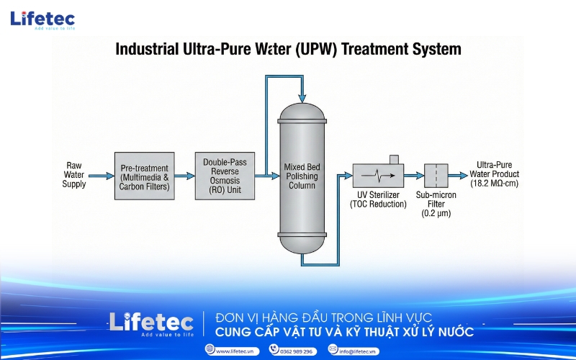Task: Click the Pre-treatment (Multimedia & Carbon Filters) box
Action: click(x=144, y=176)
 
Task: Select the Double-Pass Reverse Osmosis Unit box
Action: click(x=225, y=176)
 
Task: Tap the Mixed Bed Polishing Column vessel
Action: click(x=302, y=177)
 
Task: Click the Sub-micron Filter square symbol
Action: click(x=436, y=175)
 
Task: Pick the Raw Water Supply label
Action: click(x=74, y=174)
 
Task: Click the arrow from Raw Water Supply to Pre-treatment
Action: click(x=101, y=175)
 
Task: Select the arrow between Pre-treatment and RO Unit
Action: click(x=185, y=175)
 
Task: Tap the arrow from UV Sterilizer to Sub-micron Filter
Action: click(x=413, y=175)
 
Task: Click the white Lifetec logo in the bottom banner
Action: click(x=151, y=323)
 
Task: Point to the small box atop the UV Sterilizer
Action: click(x=393, y=159)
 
